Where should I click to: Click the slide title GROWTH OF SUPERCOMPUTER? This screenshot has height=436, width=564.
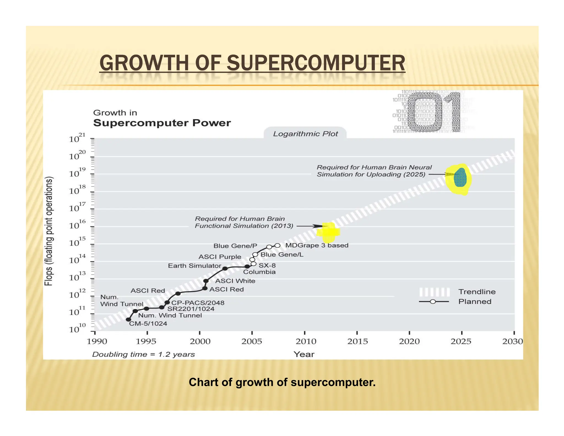tap(252, 63)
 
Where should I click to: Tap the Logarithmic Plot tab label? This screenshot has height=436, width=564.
tap(305, 134)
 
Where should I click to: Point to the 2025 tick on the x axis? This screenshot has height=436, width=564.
tap(462, 333)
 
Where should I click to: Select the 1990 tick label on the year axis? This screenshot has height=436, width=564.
tap(97, 341)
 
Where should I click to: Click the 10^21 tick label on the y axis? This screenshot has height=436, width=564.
tap(77, 138)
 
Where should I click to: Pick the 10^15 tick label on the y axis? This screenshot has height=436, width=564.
tap(77, 242)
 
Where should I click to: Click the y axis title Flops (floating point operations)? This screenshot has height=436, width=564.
tap(48, 231)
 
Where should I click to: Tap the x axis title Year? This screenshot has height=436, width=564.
tap(304, 354)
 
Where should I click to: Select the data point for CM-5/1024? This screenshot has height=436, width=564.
tap(128, 320)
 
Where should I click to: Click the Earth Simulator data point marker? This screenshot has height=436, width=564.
tap(225, 268)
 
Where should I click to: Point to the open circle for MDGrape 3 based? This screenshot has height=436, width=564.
tap(278, 246)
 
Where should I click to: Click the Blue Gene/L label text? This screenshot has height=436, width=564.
tap(282, 255)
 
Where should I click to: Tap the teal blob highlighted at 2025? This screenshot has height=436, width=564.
tap(460, 178)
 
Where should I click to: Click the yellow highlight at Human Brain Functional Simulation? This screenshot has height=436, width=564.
tap(328, 232)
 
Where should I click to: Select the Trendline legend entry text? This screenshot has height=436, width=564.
tap(477, 292)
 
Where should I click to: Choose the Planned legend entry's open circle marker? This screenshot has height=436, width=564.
tap(433, 302)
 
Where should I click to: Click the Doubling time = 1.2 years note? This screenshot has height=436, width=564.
tap(143, 354)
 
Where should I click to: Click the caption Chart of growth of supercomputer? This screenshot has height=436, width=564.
tap(282, 383)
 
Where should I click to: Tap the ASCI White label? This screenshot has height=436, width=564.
tap(235, 281)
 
